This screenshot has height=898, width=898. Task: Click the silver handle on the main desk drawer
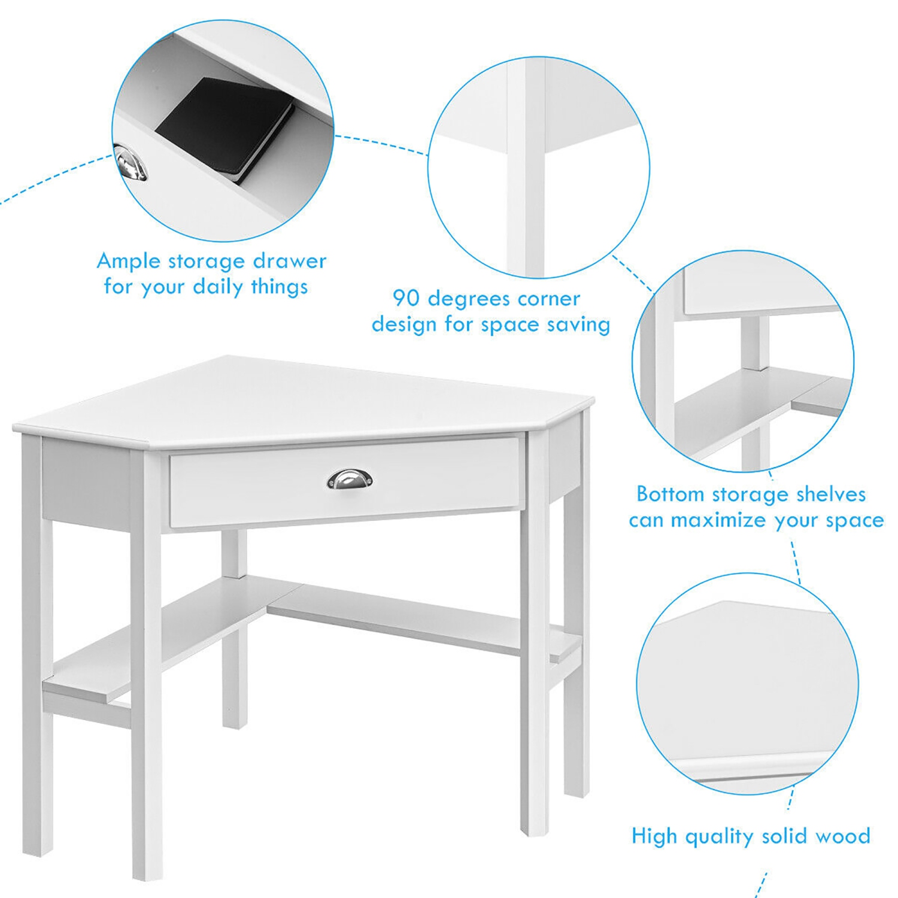click(350, 479)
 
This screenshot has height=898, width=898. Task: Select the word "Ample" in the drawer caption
click(129, 262)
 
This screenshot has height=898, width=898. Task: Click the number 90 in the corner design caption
click(407, 298)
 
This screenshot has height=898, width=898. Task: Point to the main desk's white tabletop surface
click(299, 401)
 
